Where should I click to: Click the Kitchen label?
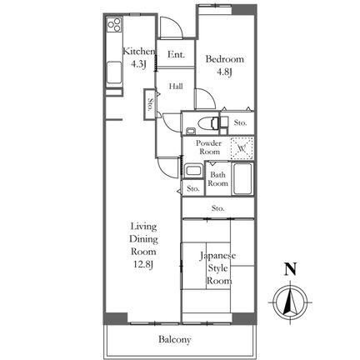[x=138, y=52]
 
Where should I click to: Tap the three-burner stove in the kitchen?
[x=114, y=24]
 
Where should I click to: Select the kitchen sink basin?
[x=114, y=72]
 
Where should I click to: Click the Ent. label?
[x=176, y=54]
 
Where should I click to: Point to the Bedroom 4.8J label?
[x=225, y=66]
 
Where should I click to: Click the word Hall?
[x=176, y=87]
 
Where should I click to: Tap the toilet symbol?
[x=208, y=122]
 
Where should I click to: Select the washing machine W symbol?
[x=242, y=148]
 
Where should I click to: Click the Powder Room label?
[x=209, y=147]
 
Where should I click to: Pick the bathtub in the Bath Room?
[x=242, y=178]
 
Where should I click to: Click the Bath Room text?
[x=218, y=179]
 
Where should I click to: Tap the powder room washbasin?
[x=193, y=170]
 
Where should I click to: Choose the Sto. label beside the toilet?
[x=240, y=122]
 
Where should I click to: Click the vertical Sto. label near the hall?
[x=150, y=104]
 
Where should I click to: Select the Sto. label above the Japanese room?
[x=218, y=208]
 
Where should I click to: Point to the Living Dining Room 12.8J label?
[x=144, y=246]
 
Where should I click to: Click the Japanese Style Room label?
[x=218, y=268]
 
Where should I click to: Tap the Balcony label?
[x=175, y=339]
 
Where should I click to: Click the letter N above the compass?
[x=290, y=269]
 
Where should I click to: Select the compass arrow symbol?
[x=290, y=302]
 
